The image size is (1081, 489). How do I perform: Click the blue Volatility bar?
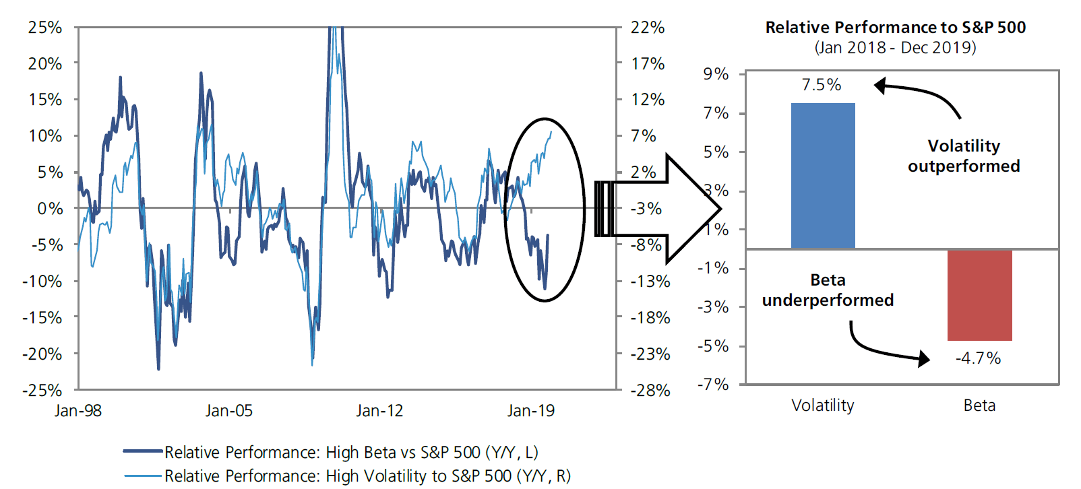point(823,176)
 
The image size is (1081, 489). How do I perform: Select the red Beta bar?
point(979,295)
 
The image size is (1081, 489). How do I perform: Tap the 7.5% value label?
point(821,85)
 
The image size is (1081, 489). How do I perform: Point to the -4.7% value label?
point(978,358)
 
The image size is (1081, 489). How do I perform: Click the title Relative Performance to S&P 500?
point(895,28)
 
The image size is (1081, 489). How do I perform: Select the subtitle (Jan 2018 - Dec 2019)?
point(895,48)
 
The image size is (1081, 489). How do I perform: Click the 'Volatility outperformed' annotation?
point(964,156)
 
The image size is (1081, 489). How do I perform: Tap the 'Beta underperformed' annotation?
point(828,290)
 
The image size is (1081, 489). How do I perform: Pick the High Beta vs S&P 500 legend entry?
point(350,452)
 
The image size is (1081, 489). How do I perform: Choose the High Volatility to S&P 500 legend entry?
point(367,476)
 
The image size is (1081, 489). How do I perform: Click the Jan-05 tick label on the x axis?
point(228,411)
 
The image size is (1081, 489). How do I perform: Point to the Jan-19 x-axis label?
point(530,411)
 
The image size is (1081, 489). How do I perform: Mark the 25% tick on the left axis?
point(45,28)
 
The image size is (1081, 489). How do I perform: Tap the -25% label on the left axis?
point(42,390)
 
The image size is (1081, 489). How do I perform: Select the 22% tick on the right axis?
point(647,28)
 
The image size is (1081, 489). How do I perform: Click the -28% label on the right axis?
point(650,390)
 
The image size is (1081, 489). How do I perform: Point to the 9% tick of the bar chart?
point(716,74)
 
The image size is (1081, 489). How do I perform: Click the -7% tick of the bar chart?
point(713,385)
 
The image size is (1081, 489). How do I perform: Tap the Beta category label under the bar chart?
point(979,405)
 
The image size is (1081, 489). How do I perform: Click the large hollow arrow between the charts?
point(667,209)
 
